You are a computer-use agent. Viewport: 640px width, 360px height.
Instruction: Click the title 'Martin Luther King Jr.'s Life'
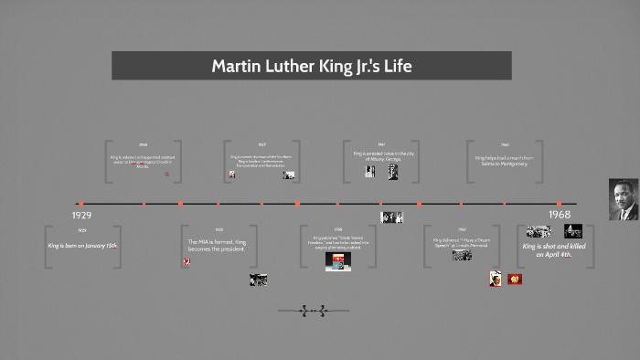311,66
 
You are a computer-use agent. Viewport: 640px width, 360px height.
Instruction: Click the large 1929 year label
81,216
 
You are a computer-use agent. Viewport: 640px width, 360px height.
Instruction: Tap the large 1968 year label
559,215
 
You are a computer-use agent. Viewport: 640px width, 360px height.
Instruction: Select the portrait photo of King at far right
624,199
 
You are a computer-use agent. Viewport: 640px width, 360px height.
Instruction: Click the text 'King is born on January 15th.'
82,246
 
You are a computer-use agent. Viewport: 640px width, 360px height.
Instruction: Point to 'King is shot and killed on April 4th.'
555,250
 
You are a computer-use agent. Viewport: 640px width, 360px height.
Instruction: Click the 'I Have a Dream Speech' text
463,243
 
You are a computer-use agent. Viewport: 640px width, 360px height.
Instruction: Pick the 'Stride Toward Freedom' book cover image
338,261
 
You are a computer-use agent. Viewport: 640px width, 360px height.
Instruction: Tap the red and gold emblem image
515,279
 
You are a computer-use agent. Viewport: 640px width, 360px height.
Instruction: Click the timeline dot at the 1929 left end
81,204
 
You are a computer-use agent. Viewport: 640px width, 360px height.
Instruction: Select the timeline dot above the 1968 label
559,204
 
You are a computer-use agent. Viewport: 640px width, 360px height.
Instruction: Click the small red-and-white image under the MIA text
187,262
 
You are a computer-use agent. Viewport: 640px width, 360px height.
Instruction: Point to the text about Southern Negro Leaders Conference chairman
261,161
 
